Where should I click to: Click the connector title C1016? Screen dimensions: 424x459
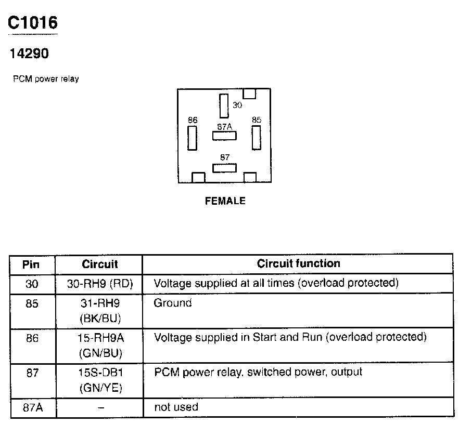tap(32, 22)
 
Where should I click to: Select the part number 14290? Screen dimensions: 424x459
tap(29, 53)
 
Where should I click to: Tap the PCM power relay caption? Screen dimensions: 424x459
tap(46, 79)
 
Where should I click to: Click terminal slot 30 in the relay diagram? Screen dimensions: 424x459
tap(224, 106)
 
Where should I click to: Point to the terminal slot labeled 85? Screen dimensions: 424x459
tap(256, 138)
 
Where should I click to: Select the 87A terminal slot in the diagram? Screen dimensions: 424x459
tap(224, 136)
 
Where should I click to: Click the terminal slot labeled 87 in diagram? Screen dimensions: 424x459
tap(224, 167)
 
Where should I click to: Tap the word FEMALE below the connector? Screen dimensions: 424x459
tap(225, 201)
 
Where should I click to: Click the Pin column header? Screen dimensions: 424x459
tap(32, 264)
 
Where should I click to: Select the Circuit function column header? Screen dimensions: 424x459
tap(298, 263)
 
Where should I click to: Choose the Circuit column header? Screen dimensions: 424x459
tap(100, 264)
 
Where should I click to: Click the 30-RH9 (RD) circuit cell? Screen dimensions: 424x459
tap(100, 284)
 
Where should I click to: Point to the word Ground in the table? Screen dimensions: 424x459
tap(173, 303)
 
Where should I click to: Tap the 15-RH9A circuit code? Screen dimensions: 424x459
tap(100, 338)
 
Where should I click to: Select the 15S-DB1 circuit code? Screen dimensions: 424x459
tap(100, 373)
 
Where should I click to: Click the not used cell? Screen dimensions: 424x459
tap(176, 407)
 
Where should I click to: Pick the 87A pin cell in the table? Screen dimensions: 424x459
tap(32, 407)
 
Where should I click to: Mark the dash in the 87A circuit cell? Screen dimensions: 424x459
tap(100, 408)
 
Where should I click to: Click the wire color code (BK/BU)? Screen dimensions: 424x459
tap(100, 318)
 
